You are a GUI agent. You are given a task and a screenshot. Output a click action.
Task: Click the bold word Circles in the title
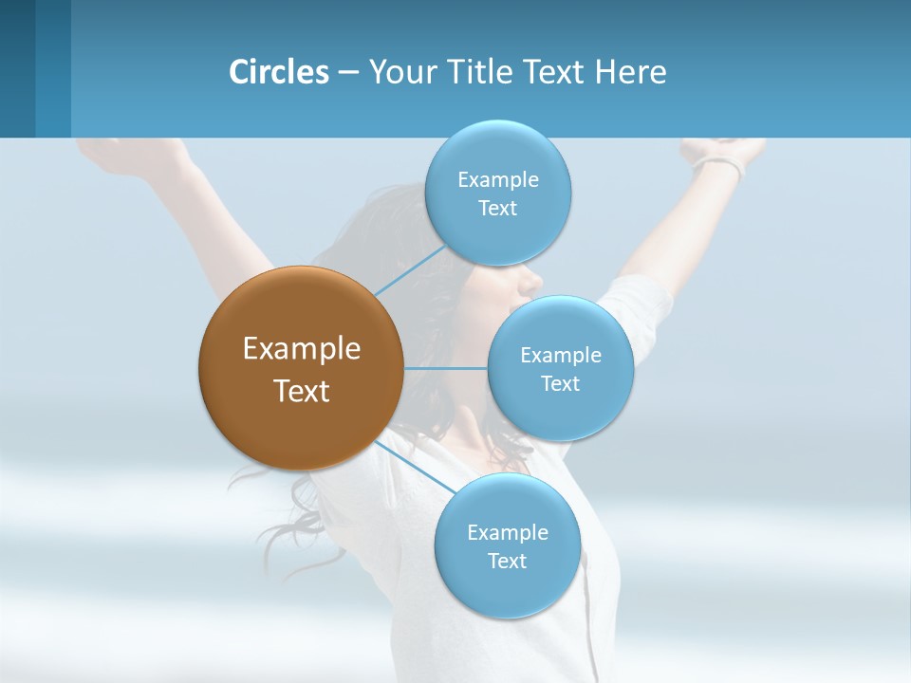coord(278,72)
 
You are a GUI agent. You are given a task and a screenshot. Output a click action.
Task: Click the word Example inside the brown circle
coord(302,349)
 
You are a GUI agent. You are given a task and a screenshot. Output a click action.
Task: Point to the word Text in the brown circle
coord(302,391)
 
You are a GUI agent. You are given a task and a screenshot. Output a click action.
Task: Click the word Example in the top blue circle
coord(497,180)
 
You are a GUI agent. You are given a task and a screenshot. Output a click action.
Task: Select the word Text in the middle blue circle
coord(560,384)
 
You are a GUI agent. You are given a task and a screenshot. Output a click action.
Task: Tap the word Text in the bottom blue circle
coord(507,562)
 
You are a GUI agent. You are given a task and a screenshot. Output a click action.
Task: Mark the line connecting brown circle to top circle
coord(410,270)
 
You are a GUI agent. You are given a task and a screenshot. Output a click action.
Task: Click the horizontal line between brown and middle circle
coord(445,368)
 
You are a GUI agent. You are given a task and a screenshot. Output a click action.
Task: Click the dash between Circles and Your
coord(348,73)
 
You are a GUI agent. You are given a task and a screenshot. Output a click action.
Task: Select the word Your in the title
coord(397,72)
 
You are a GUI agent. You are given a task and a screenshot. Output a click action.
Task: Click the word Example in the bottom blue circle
coord(507,533)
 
